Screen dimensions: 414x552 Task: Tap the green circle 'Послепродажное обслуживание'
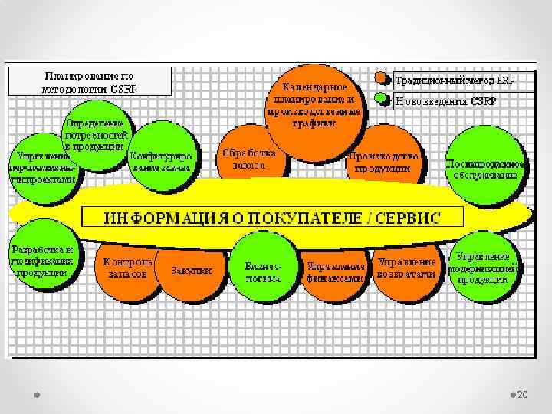click(x=485, y=169)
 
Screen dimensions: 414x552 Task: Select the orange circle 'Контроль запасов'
click(x=127, y=268)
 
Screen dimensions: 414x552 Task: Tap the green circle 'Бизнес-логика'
click(x=263, y=269)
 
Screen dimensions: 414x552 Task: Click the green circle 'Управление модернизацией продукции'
click(x=483, y=267)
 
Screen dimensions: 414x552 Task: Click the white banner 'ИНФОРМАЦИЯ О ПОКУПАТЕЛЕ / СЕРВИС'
click(x=272, y=216)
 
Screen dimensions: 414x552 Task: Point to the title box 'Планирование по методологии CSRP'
click(x=90, y=81)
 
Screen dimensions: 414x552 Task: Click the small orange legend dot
click(x=382, y=77)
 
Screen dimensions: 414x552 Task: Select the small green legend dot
click(x=382, y=99)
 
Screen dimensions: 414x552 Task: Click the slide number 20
click(x=523, y=394)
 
